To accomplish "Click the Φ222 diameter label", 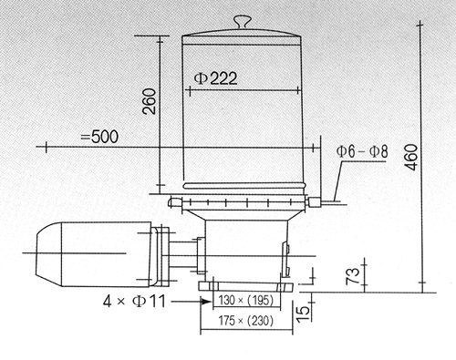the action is pyautogui.click(x=215, y=78).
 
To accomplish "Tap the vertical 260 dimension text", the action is pyautogui.click(x=150, y=101).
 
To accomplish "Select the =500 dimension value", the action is pyautogui.click(x=99, y=137).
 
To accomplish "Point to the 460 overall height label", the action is pyautogui.click(x=412, y=158).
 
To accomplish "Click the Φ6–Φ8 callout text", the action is pyautogui.click(x=362, y=151).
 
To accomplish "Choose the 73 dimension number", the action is pyautogui.click(x=353, y=276).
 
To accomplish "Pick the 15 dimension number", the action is pyautogui.click(x=303, y=314).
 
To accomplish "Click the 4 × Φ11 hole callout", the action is pyautogui.click(x=134, y=302).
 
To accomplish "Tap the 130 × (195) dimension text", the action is pyautogui.click(x=246, y=301).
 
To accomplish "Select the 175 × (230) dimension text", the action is pyautogui.click(x=245, y=321).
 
